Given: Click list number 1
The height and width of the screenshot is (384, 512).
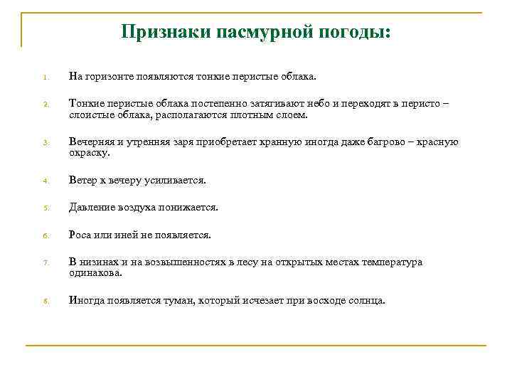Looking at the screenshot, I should (x=44, y=77).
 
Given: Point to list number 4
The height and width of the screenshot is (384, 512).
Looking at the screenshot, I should (x=44, y=181).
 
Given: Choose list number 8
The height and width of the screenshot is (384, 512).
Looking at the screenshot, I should (x=44, y=301).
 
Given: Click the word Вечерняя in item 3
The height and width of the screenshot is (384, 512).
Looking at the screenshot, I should (x=92, y=142).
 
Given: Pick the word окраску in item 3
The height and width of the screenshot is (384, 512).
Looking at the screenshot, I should (x=89, y=153).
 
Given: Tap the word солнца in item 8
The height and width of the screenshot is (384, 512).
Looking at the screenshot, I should (x=366, y=300).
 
